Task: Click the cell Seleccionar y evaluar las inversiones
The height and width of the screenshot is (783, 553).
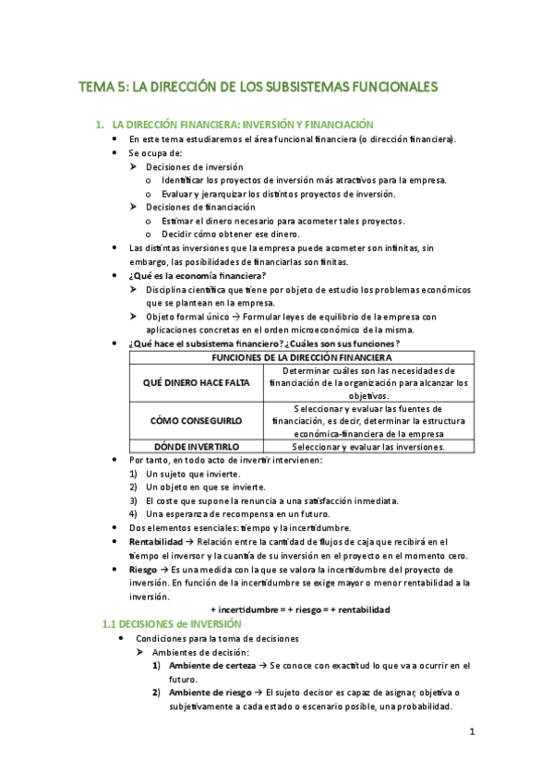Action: (x=368, y=447)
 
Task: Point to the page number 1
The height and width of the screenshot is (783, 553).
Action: (x=471, y=733)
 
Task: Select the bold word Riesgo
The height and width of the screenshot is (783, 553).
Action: (x=143, y=570)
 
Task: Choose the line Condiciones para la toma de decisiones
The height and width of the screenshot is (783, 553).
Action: (x=217, y=638)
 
